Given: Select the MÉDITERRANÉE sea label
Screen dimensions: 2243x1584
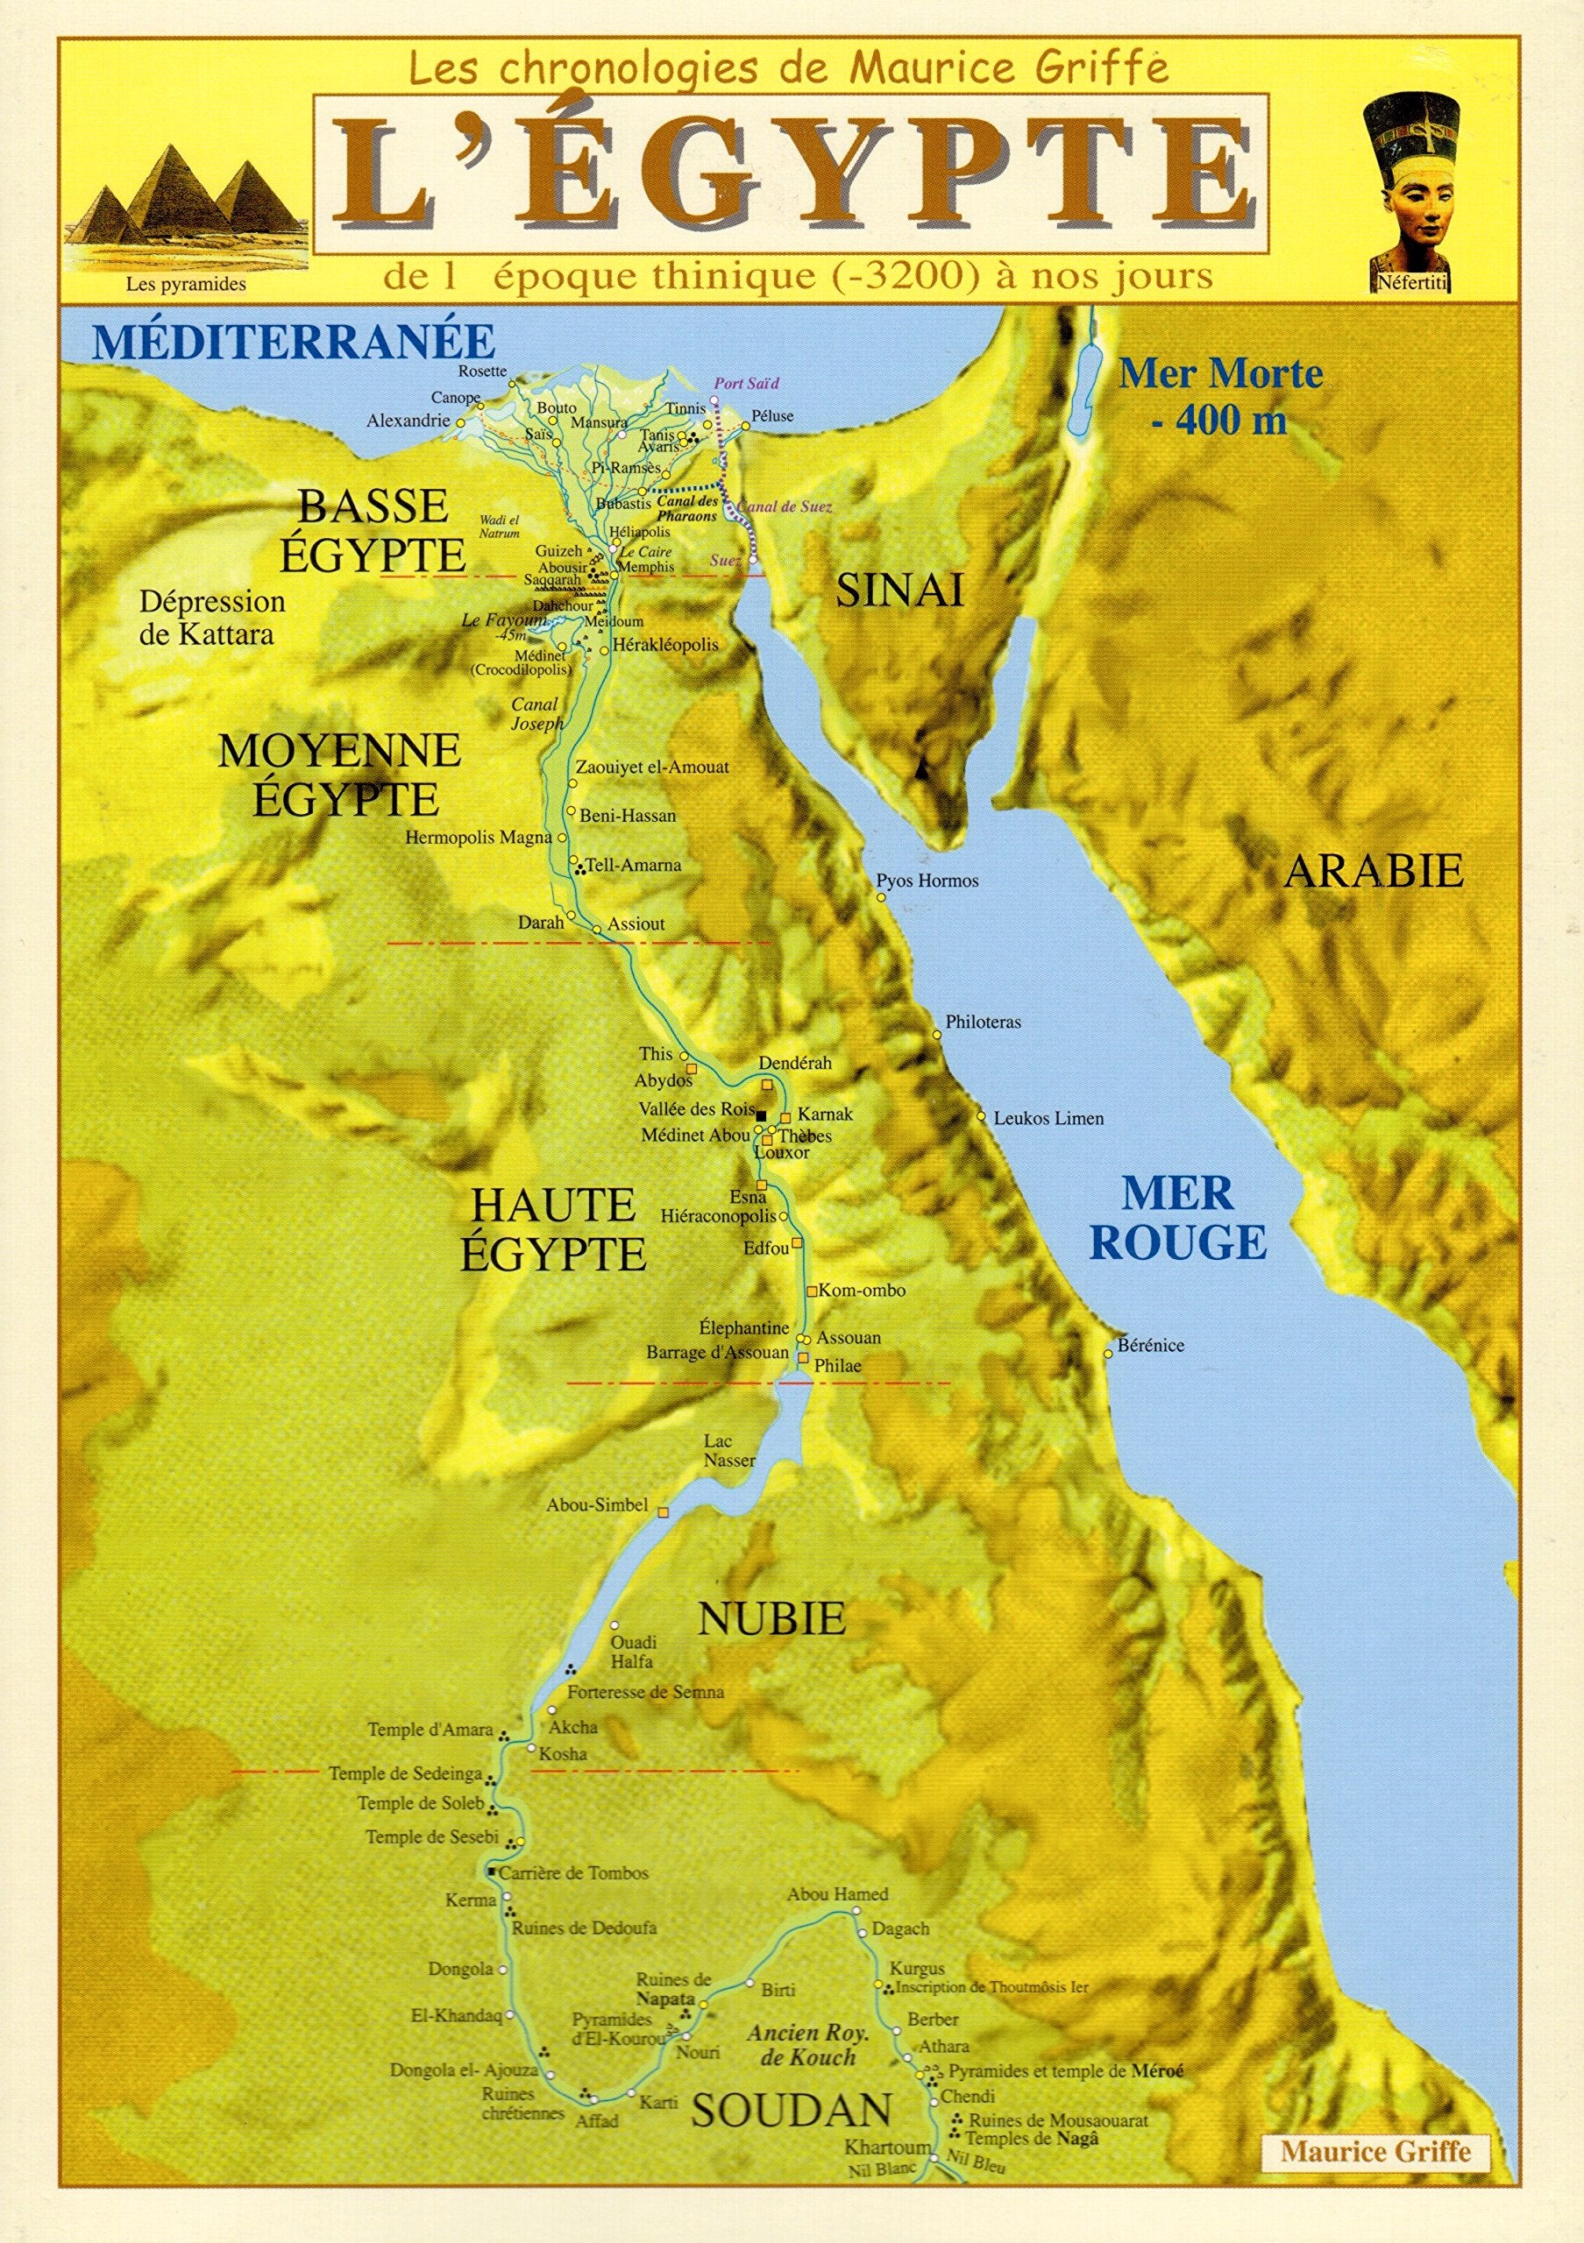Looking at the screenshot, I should [x=293, y=341].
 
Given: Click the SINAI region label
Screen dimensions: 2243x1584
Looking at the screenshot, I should [x=899, y=589].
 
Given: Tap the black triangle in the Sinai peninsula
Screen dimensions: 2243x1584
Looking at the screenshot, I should [x=920, y=771].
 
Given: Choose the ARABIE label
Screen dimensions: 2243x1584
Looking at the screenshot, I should [x=1373, y=869].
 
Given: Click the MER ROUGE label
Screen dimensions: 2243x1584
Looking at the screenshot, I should [x=1177, y=1218].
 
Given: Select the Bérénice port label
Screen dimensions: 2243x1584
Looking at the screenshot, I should [x=1151, y=1345].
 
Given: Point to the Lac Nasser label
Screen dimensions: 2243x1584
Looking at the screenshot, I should [x=730, y=1451].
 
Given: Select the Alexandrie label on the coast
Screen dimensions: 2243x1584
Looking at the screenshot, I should [x=408, y=421].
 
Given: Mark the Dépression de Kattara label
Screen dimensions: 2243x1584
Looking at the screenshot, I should [x=211, y=618].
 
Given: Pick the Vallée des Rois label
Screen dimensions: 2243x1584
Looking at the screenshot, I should [x=697, y=1109].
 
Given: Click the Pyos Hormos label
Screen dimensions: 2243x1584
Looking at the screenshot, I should [x=927, y=881].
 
